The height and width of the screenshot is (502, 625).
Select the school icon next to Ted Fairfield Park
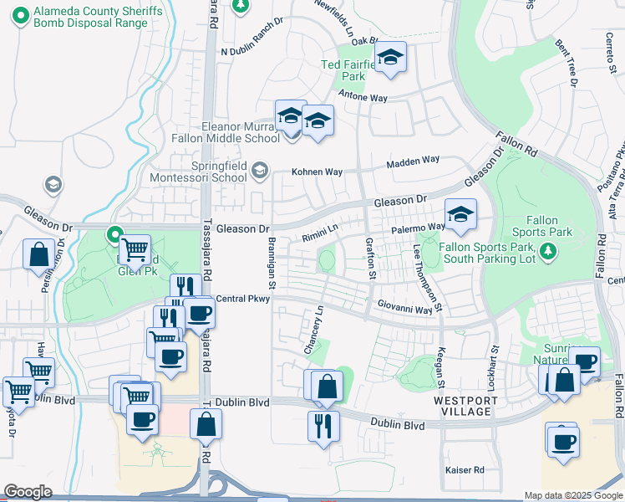pyautogui.click(x=389, y=59)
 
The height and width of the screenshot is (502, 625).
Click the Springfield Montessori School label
pyautogui.click(x=199, y=171)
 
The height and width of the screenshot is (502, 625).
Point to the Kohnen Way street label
pyautogui.click(x=317, y=172)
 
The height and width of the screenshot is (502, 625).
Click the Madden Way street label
pyautogui.click(x=412, y=160)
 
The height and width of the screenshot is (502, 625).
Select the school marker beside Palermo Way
pyautogui.click(x=460, y=216)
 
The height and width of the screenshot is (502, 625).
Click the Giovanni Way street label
pyautogui.click(x=404, y=309)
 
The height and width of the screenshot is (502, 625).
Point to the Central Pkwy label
pyautogui.click(x=242, y=299)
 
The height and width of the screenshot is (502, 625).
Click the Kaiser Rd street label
pyautogui.click(x=465, y=470)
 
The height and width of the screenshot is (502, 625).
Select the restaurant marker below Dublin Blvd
pyautogui.click(x=323, y=426)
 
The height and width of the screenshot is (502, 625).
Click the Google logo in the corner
pyautogui.click(x=28, y=491)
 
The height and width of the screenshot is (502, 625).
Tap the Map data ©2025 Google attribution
pyautogui.click(x=573, y=495)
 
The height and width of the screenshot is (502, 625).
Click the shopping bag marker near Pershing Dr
pyautogui.click(x=39, y=254)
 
